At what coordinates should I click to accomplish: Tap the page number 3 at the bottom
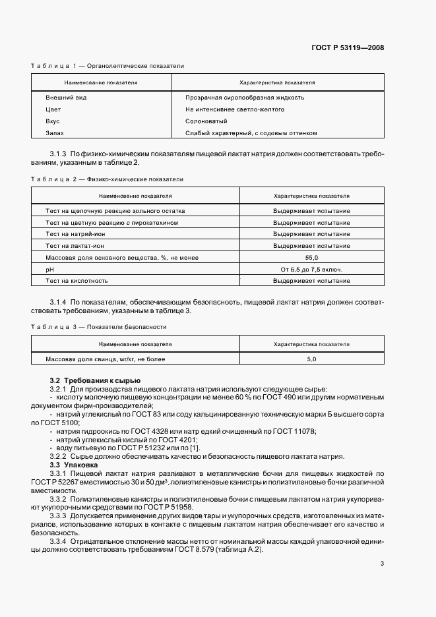pyautogui.click(x=382, y=563)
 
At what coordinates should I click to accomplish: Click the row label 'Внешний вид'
pyautogui.click(x=66, y=98)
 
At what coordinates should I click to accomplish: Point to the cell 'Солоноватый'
pyautogui.click(x=206, y=121)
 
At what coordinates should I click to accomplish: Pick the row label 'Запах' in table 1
pyautogui.click(x=54, y=133)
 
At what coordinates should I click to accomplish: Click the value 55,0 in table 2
pyautogui.click(x=311, y=258)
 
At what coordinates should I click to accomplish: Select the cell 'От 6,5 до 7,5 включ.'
pyautogui.click(x=311, y=270)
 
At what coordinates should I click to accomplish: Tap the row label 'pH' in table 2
pyautogui.click(x=49, y=270)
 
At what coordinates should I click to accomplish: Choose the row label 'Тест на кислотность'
pyautogui.click(x=77, y=281)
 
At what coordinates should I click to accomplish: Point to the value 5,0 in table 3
pyautogui.click(x=311, y=359)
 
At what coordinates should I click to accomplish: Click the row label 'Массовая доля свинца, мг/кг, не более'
pyautogui.click(x=105, y=359)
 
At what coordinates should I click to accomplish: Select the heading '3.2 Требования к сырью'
pyautogui.click(x=94, y=381)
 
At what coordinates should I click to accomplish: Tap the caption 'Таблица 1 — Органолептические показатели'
pyautogui.click(x=108, y=67)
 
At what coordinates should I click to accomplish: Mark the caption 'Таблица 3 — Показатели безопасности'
pyautogui.click(x=99, y=327)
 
